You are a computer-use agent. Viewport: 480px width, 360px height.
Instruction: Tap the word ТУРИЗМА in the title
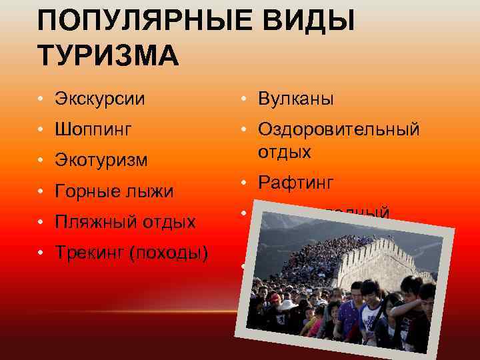[x=109, y=55]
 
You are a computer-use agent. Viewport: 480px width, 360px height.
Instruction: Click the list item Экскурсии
[x=101, y=99]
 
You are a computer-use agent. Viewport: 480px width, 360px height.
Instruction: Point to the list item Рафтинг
[x=296, y=182]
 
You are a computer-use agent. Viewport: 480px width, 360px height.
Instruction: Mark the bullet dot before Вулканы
[x=245, y=100]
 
